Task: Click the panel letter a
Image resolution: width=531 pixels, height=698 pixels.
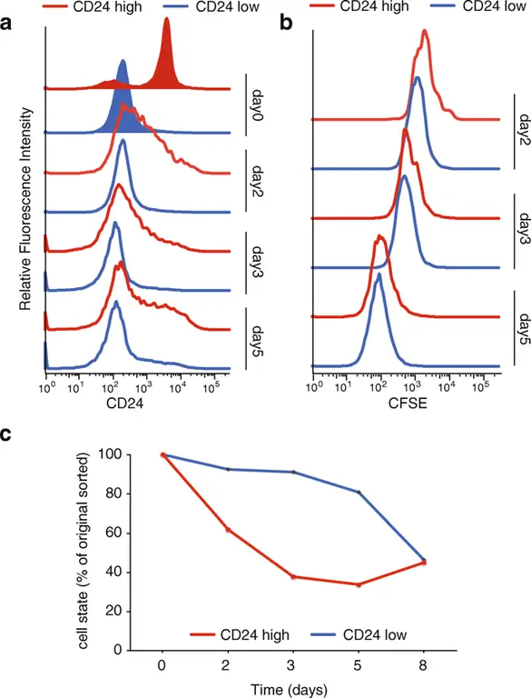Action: tap(8, 25)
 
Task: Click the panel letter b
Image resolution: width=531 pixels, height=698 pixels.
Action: tap(286, 25)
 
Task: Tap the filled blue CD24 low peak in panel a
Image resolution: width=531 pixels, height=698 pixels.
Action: tap(123, 105)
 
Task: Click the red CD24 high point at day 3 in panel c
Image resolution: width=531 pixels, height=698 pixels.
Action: tap(292, 576)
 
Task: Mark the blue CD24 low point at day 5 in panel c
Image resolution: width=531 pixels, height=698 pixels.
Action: tap(359, 493)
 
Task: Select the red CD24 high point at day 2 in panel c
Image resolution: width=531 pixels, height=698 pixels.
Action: tap(227, 530)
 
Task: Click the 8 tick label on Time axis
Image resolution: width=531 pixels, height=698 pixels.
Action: tap(423, 665)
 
